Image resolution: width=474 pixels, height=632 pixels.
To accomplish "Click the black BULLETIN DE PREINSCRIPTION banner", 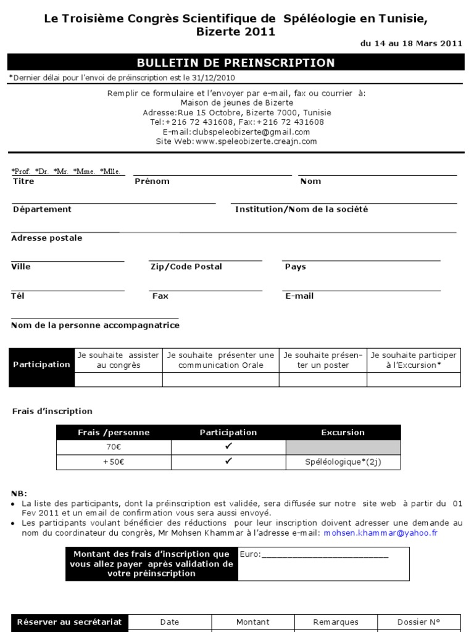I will (x=236, y=62).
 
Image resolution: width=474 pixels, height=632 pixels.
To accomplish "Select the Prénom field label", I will (x=152, y=181).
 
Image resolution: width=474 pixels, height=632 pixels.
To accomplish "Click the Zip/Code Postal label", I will (x=186, y=267).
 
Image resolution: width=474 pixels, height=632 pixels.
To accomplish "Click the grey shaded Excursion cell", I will (x=343, y=447).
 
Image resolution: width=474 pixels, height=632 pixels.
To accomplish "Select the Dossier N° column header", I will (x=419, y=622).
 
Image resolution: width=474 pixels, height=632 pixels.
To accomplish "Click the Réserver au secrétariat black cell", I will (x=69, y=622).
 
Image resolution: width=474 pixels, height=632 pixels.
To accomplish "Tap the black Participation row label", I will (x=42, y=365).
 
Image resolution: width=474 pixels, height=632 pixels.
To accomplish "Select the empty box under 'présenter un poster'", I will (x=323, y=380).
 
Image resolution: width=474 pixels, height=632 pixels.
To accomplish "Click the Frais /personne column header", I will (x=114, y=433).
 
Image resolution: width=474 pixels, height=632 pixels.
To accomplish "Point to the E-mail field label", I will (x=299, y=296).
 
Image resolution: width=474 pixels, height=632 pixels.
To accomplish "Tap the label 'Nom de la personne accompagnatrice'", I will (x=96, y=325).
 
